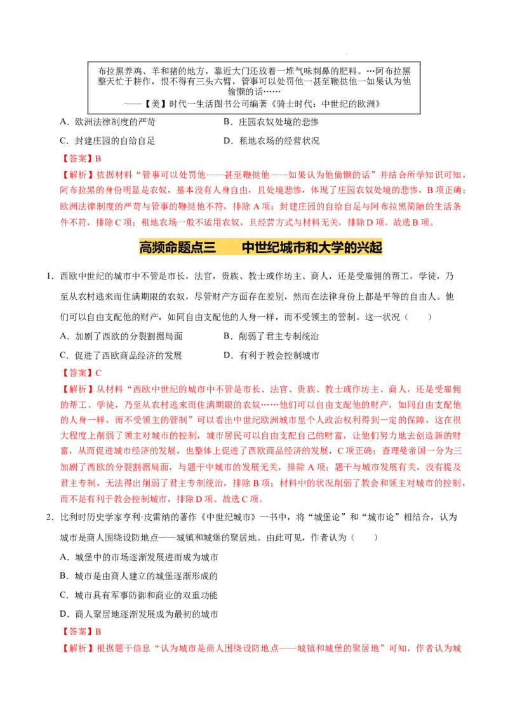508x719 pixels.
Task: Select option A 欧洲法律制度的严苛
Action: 107,122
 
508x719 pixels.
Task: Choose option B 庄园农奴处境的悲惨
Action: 271,122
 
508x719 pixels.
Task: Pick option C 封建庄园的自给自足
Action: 107,141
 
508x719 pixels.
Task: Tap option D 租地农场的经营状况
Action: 271,141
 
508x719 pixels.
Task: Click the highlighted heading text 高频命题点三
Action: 177,247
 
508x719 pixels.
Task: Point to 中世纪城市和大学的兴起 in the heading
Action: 312,247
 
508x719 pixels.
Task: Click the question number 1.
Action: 50,276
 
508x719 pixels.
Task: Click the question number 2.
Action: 50,517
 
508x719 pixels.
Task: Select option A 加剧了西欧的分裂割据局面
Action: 121,336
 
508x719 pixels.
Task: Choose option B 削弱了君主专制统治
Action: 271,336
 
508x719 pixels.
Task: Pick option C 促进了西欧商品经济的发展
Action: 121,356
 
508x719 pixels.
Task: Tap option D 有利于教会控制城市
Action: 271,356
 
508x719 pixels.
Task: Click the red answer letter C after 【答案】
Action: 98,373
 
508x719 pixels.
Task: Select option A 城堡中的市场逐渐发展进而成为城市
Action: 139,557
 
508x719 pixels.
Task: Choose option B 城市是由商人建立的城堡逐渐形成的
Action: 138,576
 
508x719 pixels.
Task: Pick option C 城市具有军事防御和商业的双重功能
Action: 138,595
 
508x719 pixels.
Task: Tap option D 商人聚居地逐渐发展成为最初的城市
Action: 139,614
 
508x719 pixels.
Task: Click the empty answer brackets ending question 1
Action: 418,317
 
